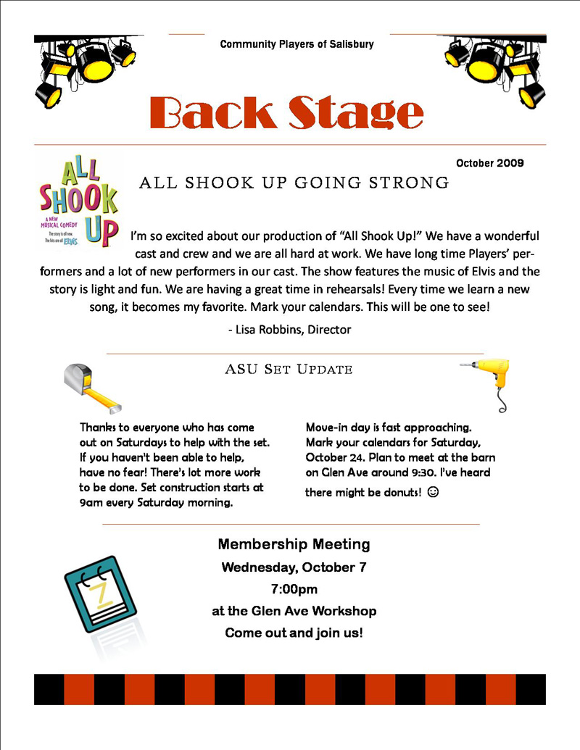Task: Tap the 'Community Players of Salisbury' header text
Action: [x=297, y=44]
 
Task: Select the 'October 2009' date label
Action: [x=490, y=163]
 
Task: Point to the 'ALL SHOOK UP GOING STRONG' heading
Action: [x=294, y=183]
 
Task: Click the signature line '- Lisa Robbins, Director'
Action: [x=289, y=329]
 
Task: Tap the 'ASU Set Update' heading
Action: [x=289, y=370]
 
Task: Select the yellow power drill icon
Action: [x=487, y=380]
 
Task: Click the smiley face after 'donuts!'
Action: [x=434, y=492]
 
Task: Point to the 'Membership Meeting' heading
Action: [x=294, y=544]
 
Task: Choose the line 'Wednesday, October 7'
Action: [x=294, y=567]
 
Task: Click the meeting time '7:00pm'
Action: [x=294, y=589]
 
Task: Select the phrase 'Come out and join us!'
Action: [x=294, y=633]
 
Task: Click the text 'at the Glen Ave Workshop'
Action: [x=294, y=611]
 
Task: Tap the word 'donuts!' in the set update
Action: [x=400, y=492]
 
